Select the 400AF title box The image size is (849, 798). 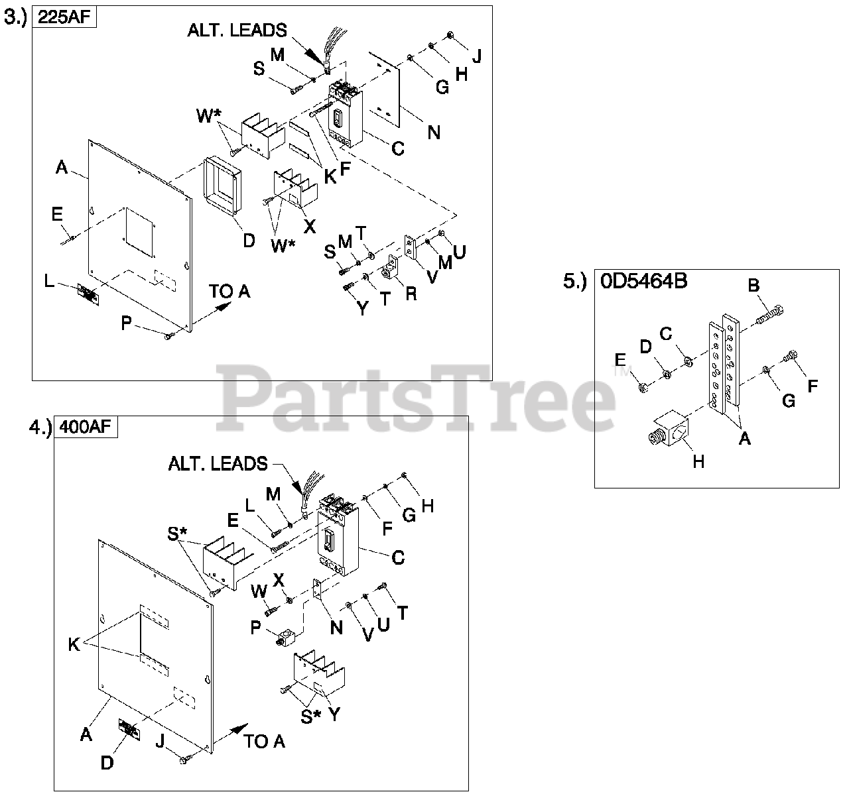86,427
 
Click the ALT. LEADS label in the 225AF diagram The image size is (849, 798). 237,30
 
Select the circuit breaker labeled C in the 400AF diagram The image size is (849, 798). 336,534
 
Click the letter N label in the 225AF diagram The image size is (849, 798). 433,133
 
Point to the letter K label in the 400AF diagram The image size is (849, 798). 74,644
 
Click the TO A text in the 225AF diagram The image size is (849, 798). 229,291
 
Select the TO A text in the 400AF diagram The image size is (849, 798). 264,741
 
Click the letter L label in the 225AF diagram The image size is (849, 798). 49,281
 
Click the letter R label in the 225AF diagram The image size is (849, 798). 411,293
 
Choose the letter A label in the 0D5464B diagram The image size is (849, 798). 744,437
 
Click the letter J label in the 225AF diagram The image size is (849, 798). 476,56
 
